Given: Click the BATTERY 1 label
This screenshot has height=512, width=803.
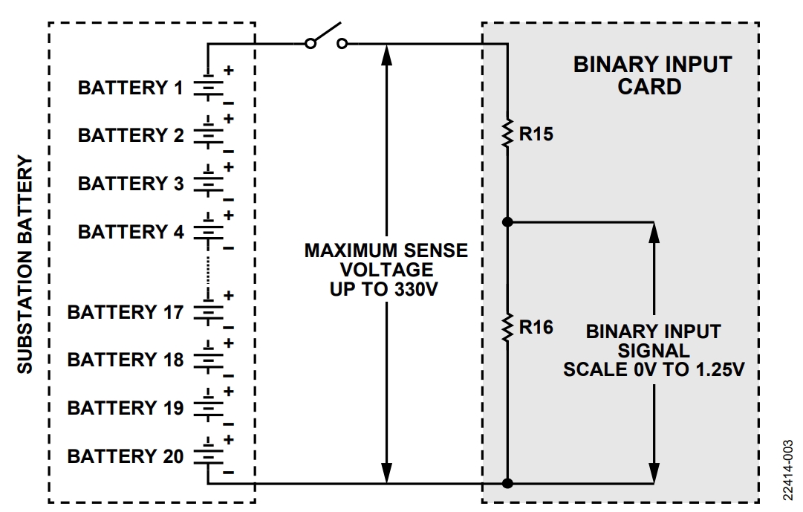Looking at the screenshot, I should pos(130,88).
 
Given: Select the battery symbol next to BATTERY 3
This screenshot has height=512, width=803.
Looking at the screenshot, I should pos(209,183).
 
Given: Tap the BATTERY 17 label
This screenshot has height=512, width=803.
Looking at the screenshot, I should pos(125,312).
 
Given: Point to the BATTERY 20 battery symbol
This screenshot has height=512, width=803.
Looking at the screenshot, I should pos(209,455).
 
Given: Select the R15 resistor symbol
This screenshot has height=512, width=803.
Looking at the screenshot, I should pos(508,135).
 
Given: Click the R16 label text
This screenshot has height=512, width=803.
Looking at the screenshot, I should pos(536,327).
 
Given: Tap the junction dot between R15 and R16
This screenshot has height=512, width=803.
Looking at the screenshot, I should pos(508,221).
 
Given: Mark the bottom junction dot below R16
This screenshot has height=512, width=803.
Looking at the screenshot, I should pos(508,484).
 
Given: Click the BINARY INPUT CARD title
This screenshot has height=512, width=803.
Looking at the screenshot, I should pos(651,75).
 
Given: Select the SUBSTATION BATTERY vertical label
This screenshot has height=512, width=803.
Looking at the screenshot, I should pos(25,265).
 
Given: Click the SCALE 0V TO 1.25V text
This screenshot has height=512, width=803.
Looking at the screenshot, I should pos(653,369).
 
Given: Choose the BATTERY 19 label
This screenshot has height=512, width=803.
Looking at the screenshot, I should pos(125,408).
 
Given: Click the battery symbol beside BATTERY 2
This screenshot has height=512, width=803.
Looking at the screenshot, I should pos(209,135).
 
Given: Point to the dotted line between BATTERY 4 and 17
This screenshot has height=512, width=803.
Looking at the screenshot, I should pos(209,266).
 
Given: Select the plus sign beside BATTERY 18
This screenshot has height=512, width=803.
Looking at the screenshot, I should pos(229,344).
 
